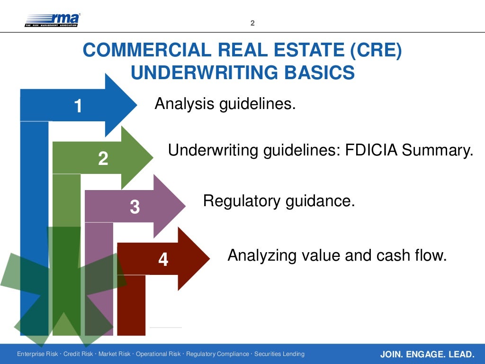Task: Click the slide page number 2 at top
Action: coord(252,23)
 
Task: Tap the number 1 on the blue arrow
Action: coord(78,106)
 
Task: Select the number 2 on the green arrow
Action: coord(103,158)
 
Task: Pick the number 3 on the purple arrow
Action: coord(135,207)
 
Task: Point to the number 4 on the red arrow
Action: coord(163,259)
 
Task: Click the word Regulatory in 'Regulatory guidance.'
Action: coord(242,201)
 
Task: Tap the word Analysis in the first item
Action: coord(184,103)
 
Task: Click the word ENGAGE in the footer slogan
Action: coord(426,354)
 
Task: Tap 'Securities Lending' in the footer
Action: coord(280,354)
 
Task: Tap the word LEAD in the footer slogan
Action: coord(462,354)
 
